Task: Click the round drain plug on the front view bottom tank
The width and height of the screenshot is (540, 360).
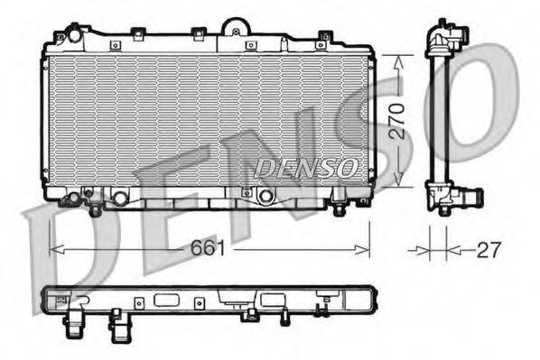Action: click(265, 197)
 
